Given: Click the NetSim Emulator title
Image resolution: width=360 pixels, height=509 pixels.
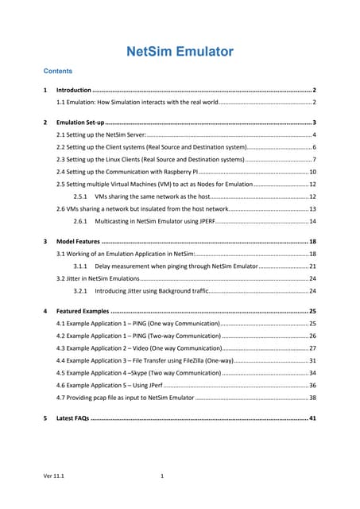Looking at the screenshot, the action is [x=180, y=52].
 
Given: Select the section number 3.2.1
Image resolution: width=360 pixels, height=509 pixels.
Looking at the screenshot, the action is [x=80, y=291].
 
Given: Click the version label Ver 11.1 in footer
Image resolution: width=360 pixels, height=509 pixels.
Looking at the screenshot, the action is [x=54, y=477].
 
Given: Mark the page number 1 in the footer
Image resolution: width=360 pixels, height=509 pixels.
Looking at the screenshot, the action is [x=162, y=477].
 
